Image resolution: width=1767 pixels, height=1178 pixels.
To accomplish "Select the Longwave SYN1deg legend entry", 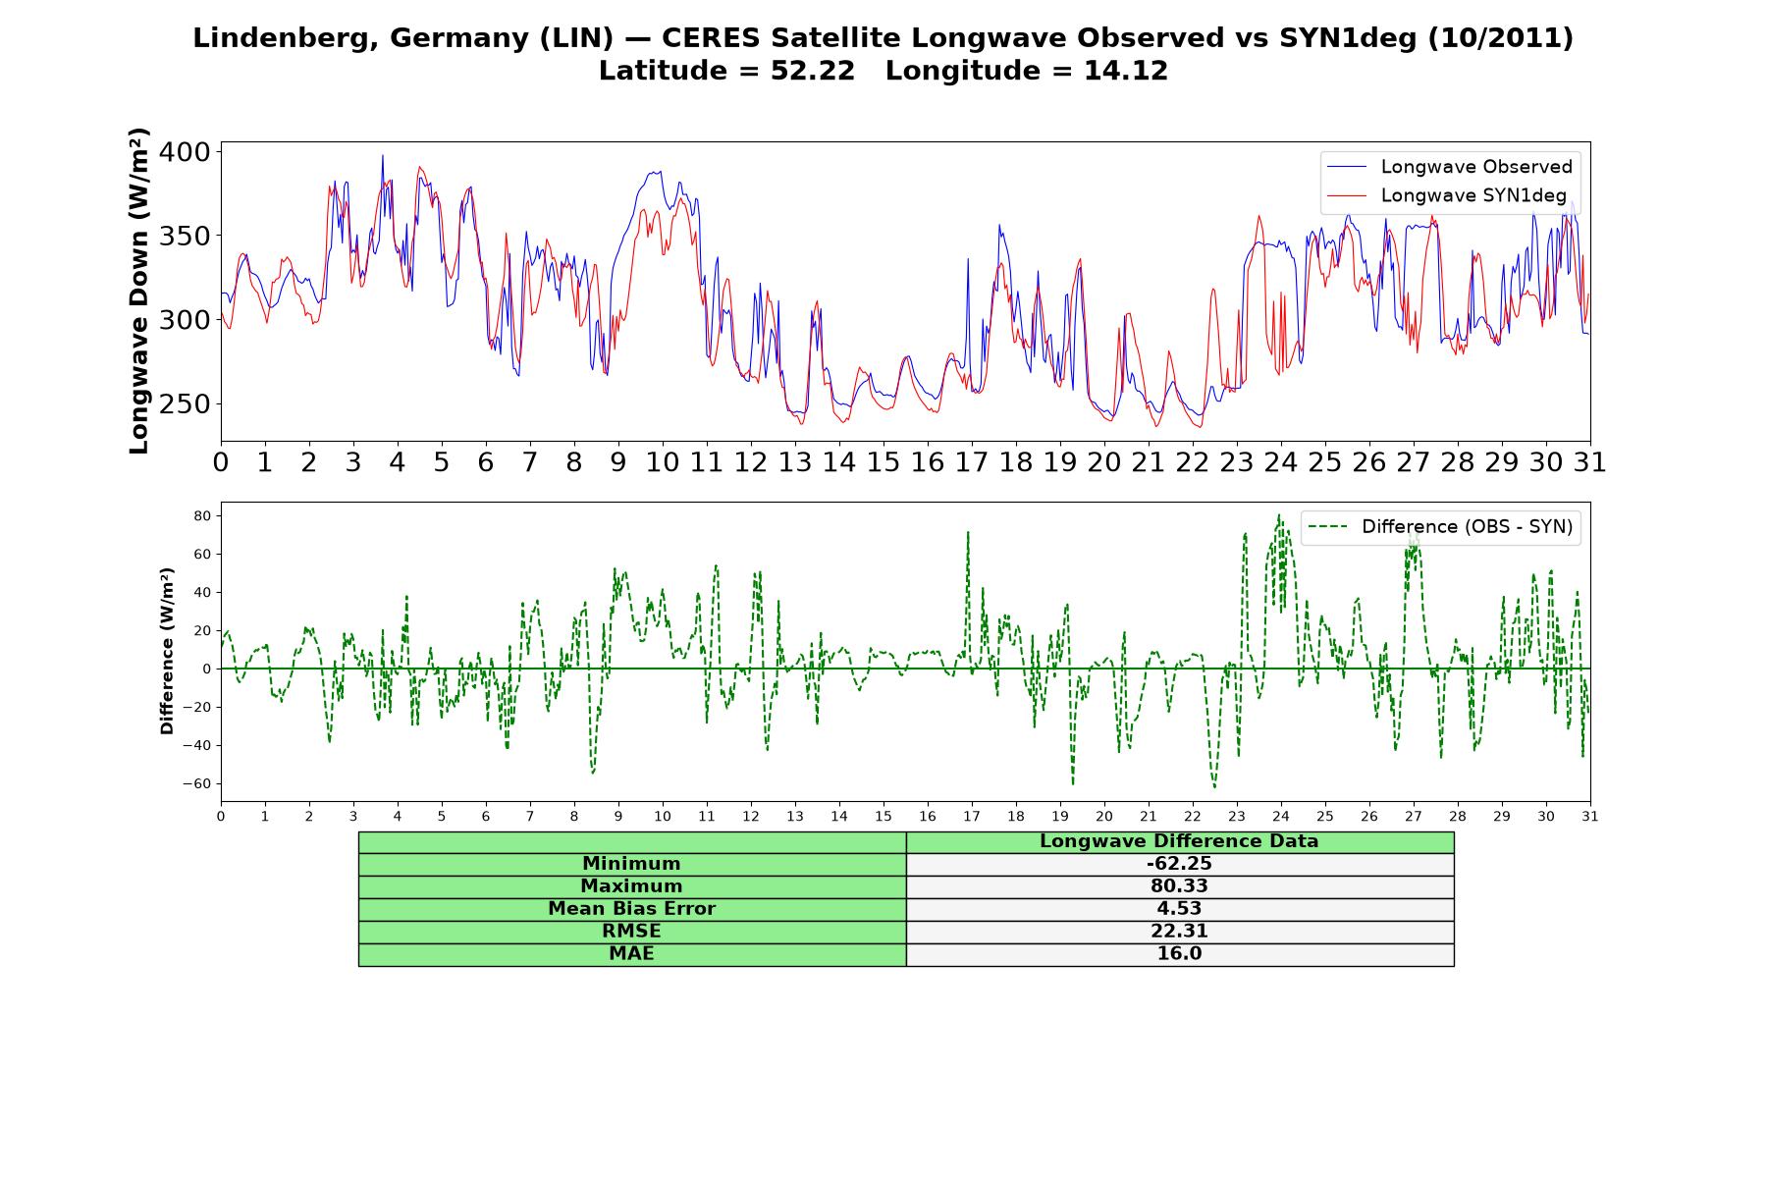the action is (x=1447, y=195).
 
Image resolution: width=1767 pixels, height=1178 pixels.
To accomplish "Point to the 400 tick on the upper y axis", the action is (x=185, y=152).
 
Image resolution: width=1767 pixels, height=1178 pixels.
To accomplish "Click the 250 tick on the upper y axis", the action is (x=185, y=403).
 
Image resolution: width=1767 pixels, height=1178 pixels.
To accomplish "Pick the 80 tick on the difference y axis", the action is (x=202, y=515).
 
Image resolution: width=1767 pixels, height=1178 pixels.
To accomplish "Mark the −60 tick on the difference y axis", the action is (x=196, y=783).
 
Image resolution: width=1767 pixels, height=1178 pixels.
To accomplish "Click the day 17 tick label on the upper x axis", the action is (x=972, y=462).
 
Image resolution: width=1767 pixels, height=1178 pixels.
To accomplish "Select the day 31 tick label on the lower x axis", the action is (x=1590, y=816).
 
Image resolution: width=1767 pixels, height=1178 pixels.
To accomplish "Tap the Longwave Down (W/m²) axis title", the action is (x=138, y=291).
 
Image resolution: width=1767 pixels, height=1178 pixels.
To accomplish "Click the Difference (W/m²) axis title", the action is (x=167, y=651).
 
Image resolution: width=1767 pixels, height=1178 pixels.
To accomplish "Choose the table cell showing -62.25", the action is (x=1179, y=864).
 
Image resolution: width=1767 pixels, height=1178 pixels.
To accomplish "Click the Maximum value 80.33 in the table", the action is (x=1179, y=886).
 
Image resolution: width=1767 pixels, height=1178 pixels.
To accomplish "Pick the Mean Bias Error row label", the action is (x=631, y=909).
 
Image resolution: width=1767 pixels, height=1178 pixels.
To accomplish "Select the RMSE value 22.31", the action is (x=1179, y=932).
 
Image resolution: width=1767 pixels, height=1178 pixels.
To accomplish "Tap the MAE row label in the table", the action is (x=631, y=954).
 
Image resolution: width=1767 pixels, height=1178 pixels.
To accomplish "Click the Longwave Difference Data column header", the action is (x=1179, y=841).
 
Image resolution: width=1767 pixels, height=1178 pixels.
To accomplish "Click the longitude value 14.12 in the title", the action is (x=1126, y=71).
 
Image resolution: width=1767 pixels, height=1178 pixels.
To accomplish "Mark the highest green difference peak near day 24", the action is (x=1279, y=514).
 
